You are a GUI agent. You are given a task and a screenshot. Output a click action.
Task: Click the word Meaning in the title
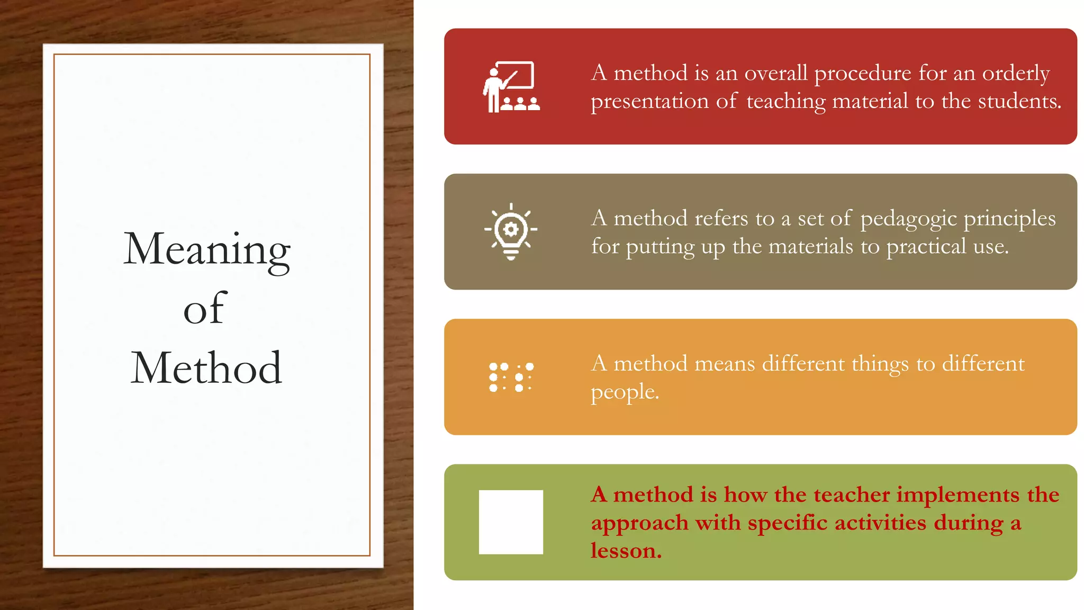coord(206,250)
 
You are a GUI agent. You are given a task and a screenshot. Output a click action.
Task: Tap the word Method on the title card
coord(206,369)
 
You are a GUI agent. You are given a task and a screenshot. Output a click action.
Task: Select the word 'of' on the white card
coord(205,309)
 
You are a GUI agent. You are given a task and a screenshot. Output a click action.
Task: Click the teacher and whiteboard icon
coord(511,87)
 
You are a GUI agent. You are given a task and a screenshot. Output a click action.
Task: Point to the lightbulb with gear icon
coord(511,231)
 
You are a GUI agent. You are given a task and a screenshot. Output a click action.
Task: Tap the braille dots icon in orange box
coord(511,377)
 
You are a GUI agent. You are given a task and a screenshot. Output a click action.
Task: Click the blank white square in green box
coord(511,522)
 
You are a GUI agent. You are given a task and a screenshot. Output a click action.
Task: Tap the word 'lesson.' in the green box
coord(626,551)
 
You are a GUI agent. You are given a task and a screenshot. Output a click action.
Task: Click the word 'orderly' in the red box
coord(1016,74)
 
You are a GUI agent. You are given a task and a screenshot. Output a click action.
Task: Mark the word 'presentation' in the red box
coord(649,102)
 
